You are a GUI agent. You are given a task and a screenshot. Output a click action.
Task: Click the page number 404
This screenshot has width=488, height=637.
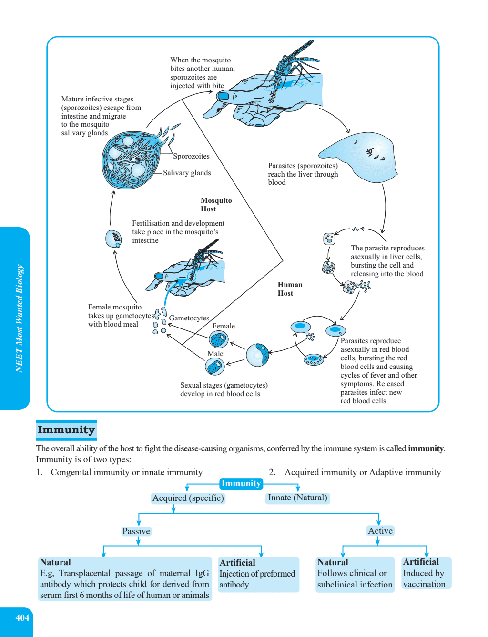(x=22, y=617)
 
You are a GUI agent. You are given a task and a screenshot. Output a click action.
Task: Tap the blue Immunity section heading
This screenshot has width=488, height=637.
(x=67, y=430)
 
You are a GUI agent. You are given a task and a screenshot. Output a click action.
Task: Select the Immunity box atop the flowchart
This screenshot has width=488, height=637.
(x=241, y=484)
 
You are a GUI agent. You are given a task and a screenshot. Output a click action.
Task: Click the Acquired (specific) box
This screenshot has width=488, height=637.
(x=188, y=498)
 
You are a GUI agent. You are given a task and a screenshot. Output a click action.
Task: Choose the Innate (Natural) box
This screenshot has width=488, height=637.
(x=297, y=498)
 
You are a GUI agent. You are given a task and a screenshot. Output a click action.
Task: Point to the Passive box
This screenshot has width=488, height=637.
(x=136, y=531)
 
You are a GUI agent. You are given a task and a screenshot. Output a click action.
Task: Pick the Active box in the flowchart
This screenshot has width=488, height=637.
(x=380, y=530)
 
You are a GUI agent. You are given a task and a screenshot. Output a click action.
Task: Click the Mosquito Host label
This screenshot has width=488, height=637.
(x=216, y=205)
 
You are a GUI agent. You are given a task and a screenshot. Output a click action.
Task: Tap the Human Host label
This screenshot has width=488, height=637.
(x=290, y=289)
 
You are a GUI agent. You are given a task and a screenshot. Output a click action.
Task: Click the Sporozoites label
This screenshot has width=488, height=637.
(x=191, y=156)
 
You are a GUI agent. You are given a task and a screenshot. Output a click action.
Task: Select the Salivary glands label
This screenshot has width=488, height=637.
(x=187, y=173)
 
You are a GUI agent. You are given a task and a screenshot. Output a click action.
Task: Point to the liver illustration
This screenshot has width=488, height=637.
(x=359, y=157)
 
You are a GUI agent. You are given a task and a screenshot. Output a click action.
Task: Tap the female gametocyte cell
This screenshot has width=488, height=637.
(x=218, y=339)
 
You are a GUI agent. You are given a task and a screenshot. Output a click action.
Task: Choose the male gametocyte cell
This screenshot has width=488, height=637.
(x=215, y=366)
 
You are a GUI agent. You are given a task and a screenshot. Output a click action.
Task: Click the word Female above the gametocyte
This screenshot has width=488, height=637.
(x=224, y=326)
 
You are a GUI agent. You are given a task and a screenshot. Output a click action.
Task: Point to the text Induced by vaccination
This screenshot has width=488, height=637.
(x=424, y=578)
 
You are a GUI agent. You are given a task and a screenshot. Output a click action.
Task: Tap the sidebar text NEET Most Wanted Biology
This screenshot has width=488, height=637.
(x=20, y=318)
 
